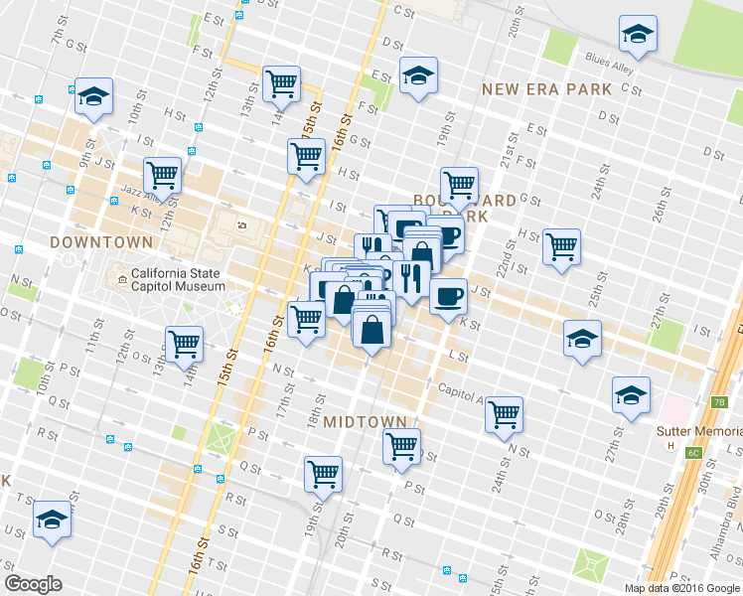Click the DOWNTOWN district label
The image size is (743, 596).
pos(102,242)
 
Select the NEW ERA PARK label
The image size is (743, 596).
pos(546,89)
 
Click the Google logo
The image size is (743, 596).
pos(33,584)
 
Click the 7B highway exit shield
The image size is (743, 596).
pos(719,402)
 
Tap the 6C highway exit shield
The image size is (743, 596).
pos(694,453)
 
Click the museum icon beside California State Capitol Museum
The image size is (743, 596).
pos(122,277)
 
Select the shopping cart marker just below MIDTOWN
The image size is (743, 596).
pos(401,447)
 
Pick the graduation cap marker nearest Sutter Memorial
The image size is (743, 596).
pos(632,395)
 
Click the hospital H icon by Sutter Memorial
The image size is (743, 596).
pos(671,446)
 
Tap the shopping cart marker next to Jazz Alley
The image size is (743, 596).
pos(162,175)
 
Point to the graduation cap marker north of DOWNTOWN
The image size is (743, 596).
pos(92,97)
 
